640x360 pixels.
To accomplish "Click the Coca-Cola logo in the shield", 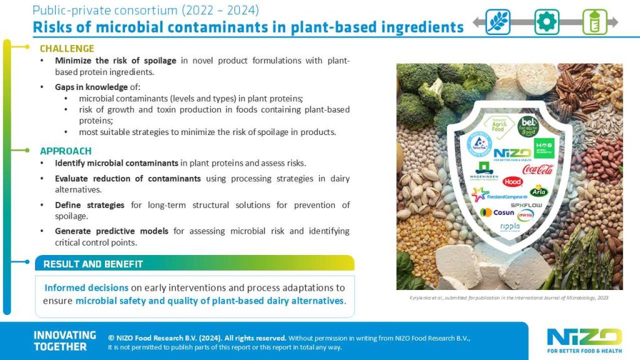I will point(537,169).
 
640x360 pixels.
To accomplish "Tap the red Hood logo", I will point(512,181).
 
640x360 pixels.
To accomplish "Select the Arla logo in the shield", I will point(539,190).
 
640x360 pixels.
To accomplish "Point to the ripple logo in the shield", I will point(509,226).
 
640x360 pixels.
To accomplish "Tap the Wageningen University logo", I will point(484,172).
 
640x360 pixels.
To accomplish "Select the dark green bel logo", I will point(527,126).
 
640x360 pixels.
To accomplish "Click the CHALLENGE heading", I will point(67,48).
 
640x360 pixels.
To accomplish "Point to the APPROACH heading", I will point(66,151).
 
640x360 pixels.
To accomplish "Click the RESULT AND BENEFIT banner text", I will point(93,264).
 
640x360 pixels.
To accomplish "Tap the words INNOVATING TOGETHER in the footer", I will point(65,341).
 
